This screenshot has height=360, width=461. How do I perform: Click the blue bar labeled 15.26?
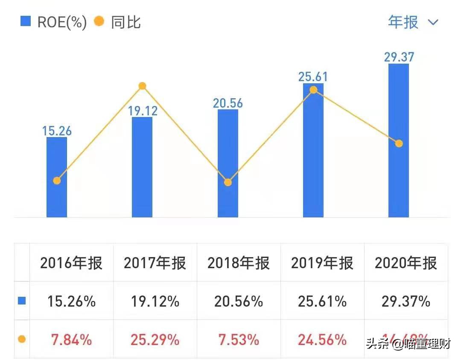click(x=57, y=177)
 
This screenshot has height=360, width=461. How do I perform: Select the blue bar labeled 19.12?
click(x=142, y=167)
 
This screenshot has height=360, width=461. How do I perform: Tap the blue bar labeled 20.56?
click(x=228, y=163)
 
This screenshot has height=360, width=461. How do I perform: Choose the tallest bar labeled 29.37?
click(x=399, y=140)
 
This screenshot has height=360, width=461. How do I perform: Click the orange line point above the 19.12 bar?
click(x=143, y=86)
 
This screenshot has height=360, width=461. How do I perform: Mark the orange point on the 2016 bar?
click(x=57, y=181)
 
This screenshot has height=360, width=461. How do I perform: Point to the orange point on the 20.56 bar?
click(x=228, y=182)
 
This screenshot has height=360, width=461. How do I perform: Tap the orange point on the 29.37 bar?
click(x=399, y=143)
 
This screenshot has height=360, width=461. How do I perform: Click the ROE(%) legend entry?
click(x=54, y=22)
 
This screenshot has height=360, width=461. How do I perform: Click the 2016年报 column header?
click(x=72, y=263)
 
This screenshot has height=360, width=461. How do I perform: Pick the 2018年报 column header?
click(x=239, y=263)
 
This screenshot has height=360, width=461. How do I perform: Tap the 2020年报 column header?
click(x=406, y=263)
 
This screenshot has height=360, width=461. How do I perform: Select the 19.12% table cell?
click(x=155, y=301)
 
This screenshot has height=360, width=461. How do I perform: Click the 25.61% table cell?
click(x=322, y=301)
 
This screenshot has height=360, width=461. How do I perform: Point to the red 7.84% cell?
click(x=72, y=340)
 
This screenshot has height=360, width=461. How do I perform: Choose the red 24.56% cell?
click(x=322, y=340)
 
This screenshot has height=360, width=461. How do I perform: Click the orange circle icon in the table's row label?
click(x=22, y=340)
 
